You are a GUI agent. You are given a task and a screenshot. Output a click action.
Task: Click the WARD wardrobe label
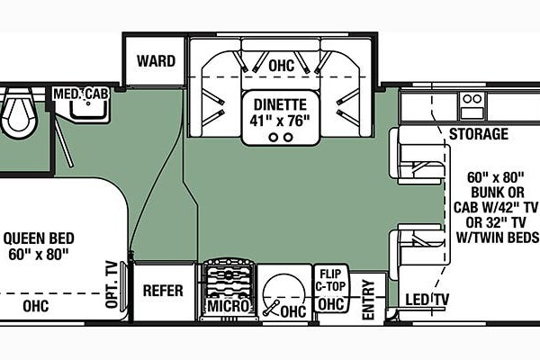156,61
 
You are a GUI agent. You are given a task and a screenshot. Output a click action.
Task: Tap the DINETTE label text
280,104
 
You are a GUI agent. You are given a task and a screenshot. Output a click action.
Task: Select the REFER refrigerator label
163,291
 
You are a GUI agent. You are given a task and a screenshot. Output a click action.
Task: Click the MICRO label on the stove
229,306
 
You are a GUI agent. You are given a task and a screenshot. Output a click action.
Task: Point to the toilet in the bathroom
18,112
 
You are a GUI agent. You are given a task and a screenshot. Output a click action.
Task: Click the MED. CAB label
81,94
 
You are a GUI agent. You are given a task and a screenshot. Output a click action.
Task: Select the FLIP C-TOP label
330,280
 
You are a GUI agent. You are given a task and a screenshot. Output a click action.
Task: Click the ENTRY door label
368,300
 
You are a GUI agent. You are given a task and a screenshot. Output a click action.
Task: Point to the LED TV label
427,300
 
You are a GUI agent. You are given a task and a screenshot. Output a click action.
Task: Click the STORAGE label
479,134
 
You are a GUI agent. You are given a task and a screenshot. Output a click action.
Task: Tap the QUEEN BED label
39,238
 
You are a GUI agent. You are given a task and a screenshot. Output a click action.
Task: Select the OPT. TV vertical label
112,284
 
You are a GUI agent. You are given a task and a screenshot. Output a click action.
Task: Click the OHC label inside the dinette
282,66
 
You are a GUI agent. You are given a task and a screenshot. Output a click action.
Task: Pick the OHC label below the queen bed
36,306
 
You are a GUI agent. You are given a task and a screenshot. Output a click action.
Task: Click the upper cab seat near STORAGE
419,156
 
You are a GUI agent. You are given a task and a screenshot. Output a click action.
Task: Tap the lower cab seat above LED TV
419,251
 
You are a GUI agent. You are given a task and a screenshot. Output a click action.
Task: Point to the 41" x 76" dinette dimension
280,121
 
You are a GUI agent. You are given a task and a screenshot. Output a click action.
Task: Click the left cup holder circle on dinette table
274,138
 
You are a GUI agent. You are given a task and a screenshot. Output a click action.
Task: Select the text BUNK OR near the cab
498,193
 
